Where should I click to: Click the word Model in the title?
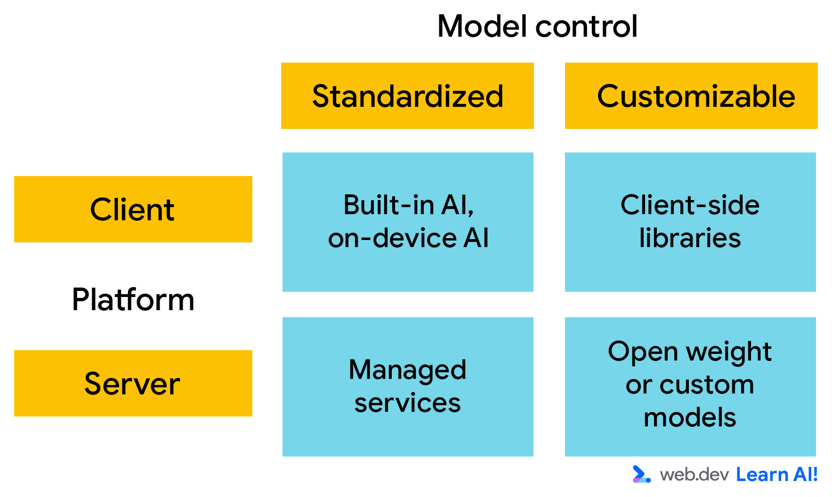(x=481, y=26)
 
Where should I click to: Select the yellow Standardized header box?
(x=407, y=96)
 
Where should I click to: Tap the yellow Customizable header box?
(x=691, y=96)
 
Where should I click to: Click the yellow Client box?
(x=133, y=209)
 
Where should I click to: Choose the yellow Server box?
(x=133, y=383)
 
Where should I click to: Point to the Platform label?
(x=133, y=299)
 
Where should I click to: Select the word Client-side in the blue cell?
(x=690, y=205)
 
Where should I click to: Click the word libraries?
(x=690, y=238)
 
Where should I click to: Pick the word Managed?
(x=407, y=370)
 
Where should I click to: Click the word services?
(x=407, y=403)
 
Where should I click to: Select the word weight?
(x=728, y=352)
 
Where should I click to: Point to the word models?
(x=690, y=418)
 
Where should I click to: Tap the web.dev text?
(x=694, y=474)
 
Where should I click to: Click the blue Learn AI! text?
(x=776, y=474)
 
